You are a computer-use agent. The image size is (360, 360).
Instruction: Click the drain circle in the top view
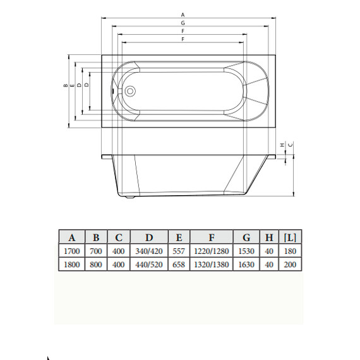tap(130, 90)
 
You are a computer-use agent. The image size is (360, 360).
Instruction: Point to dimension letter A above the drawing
tap(183, 14)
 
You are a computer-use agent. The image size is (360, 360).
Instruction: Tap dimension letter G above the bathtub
tap(183, 23)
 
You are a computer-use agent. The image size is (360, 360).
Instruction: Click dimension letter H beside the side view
tap(282, 145)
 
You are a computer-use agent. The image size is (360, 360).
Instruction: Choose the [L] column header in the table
tap(291, 237)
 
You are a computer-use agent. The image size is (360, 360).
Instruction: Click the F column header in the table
tap(212, 237)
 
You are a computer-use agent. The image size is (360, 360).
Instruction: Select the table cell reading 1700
tap(72, 251)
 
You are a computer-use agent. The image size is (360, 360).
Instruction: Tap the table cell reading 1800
tap(72, 265)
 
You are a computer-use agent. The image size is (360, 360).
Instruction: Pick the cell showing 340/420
tap(149, 251)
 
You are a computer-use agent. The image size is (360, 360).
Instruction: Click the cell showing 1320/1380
tap(212, 265)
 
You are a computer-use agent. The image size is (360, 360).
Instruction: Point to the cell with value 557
tap(179, 251)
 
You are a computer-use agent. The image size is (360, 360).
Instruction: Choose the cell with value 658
tap(179, 265)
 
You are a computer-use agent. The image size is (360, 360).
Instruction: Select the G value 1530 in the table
tap(246, 251)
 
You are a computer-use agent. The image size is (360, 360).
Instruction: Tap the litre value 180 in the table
tap(291, 251)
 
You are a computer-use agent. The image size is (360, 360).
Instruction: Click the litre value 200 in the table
tap(291, 265)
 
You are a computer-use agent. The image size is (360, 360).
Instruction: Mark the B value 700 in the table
tap(96, 251)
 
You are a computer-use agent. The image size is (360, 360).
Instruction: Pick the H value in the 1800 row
tap(269, 265)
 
